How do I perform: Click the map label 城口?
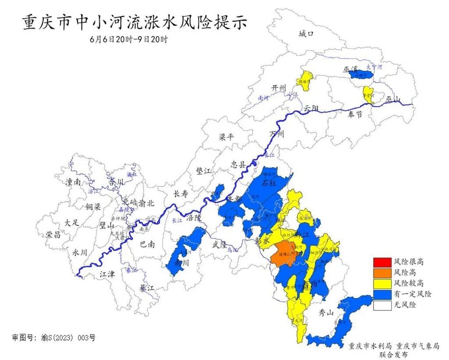[x=306, y=34]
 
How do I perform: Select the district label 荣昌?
[x=53, y=235]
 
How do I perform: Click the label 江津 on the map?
[x=107, y=274]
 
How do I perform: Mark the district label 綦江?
[x=147, y=289]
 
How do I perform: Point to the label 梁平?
[x=227, y=137]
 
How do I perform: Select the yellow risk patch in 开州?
[x=306, y=79]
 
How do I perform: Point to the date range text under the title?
[x=128, y=39]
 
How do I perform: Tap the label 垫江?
[x=203, y=171]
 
